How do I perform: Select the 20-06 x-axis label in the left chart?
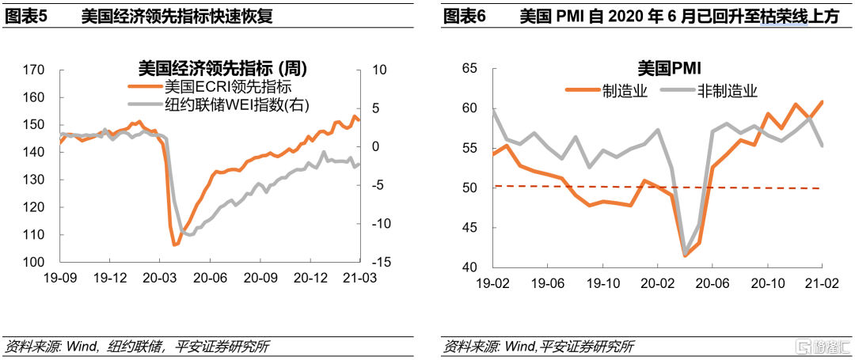[x=210, y=279]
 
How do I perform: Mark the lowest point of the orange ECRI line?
[x=175, y=244]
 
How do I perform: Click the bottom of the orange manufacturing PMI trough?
[x=685, y=255]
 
